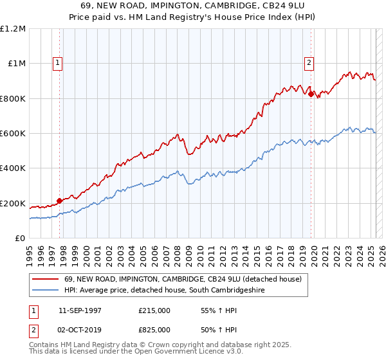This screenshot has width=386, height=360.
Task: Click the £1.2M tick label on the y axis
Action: click(x=14, y=29)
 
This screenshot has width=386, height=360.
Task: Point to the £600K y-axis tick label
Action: click(x=13, y=134)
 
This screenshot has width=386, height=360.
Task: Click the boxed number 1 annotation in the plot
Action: click(x=58, y=63)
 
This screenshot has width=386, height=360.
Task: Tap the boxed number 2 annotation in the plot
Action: click(x=309, y=63)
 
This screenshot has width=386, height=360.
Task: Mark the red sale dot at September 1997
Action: click(x=60, y=201)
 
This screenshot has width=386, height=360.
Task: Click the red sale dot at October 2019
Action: click(x=311, y=94)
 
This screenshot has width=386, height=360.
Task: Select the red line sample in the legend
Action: click(x=45, y=280)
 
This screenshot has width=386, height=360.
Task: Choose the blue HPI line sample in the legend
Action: click(x=45, y=291)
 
